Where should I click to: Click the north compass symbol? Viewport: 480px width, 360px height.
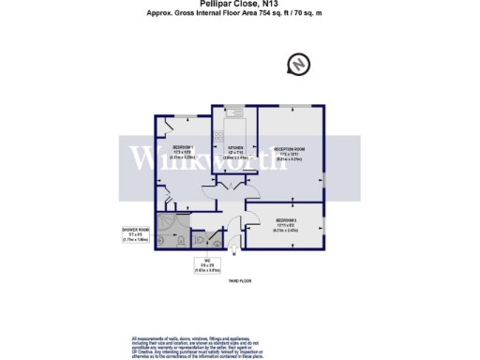pos(298,65)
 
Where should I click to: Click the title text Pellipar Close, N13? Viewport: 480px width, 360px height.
pos(239,4)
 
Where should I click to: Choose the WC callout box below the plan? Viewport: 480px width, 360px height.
pos(206,266)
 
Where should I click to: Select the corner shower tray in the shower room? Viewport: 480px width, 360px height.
pos(165,222)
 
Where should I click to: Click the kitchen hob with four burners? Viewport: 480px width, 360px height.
pos(219,135)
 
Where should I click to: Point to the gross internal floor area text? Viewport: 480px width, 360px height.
pos(239,15)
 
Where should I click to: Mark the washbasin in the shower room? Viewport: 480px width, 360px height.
pos(159,240)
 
